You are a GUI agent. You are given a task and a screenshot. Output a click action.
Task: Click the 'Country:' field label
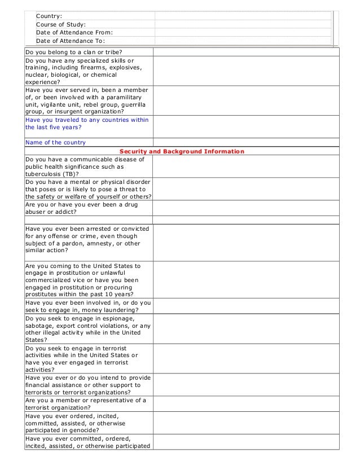[x=49, y=16]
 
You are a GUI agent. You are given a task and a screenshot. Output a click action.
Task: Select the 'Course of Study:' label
[x=61, y=24]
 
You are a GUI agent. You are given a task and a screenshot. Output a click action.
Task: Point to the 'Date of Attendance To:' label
[x=70, y=41]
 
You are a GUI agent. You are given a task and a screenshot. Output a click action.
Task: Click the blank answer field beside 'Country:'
[x=243, y=16]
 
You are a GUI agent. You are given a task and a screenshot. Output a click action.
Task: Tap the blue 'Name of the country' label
[x=56, y=142]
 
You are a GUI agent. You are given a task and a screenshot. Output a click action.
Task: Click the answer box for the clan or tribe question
[x=245, y=52]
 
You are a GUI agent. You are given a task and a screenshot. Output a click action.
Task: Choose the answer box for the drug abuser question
[x=245, y=208]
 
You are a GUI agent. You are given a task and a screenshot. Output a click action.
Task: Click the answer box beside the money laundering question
[x=245, y=306]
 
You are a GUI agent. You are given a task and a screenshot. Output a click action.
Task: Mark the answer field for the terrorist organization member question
[x=245, y=404]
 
